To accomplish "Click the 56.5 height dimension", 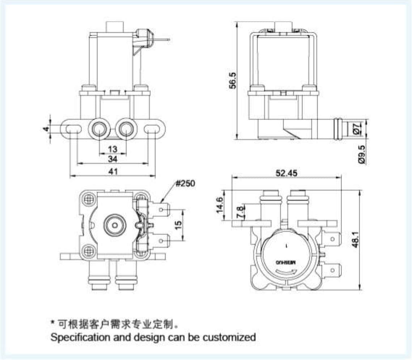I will coord(234,80).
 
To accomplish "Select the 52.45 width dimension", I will coord(286,173).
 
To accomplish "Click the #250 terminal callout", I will coord(185,183).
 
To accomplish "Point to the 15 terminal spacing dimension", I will coord(178,225).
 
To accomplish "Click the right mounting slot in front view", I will coord(152,129).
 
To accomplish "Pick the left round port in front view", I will coord(99,128).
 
